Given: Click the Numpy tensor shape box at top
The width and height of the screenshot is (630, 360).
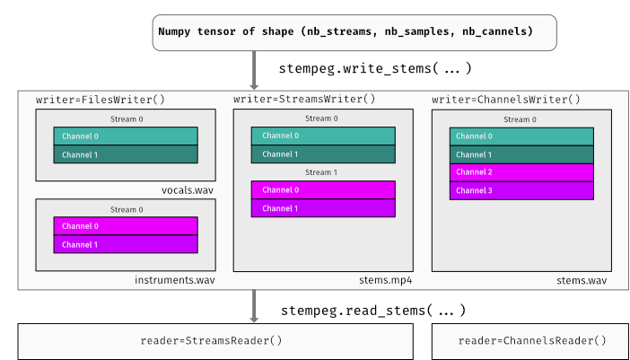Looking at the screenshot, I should [354, 31].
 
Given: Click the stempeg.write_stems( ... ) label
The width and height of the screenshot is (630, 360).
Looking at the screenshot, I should [374, 68].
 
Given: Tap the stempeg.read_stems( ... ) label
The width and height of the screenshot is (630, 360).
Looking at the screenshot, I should [372, 311].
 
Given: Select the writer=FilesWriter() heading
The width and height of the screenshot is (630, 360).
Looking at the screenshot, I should [101, 99].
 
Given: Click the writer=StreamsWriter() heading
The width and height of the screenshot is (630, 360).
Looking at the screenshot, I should [304, 99].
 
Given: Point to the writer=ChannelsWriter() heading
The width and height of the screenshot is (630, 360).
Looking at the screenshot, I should [505, 99].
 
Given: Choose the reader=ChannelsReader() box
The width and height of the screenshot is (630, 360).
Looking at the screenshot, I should [531, 341].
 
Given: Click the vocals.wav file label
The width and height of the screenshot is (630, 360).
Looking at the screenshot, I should [189, 190].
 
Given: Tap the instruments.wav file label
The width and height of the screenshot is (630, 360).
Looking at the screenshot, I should [175, 280].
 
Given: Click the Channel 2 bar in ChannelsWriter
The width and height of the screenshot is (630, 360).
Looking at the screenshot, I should [521, 172].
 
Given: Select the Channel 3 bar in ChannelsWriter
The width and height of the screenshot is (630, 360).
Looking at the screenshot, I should [521, 190].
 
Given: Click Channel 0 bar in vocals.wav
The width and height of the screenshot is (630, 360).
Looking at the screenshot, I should [126, 136].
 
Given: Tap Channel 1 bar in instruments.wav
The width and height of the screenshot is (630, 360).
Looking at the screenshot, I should [126, 244].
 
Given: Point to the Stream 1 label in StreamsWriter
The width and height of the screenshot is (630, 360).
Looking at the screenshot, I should [322, 172].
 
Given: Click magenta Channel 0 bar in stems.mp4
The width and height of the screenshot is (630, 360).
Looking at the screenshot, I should [323, 190].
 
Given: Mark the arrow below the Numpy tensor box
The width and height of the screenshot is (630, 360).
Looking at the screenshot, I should [254, 69].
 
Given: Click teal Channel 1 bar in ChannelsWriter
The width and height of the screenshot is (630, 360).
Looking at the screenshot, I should [521, 154].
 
